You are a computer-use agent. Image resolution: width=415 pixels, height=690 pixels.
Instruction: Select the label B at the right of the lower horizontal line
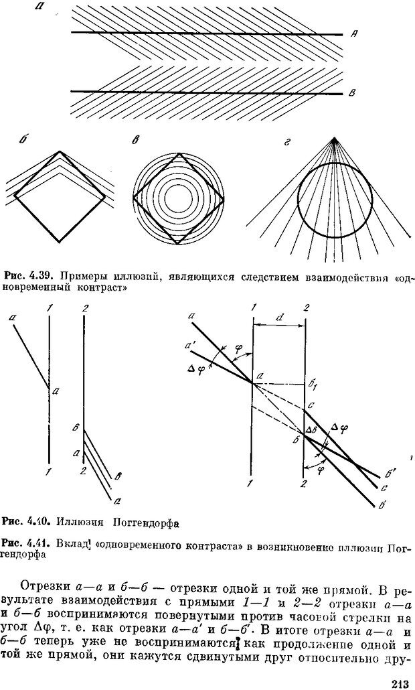[x=350, y=93]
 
